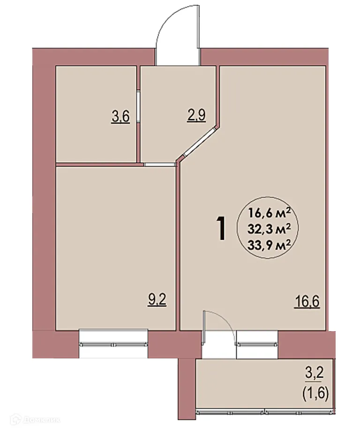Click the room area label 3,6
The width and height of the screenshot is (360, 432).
pos(120,115)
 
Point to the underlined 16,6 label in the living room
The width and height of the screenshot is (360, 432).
pos(307,301)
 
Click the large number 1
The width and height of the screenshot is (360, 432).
pos(222,228)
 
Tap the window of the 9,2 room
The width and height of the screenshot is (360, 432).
pos(113,339)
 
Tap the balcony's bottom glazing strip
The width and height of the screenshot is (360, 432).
pos(264,411)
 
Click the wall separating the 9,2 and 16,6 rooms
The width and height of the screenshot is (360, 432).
pos(179,244)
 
